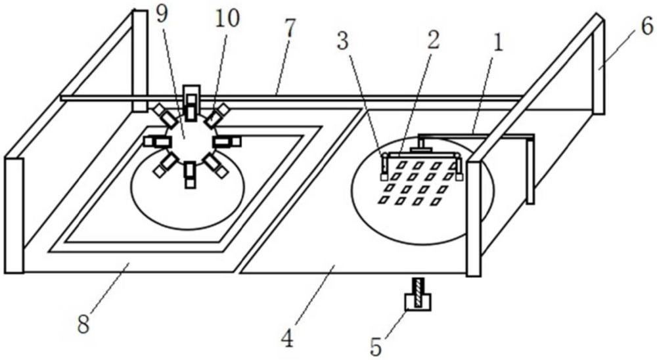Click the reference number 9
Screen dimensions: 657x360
point(162,14)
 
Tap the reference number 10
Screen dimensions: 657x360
point(227,18)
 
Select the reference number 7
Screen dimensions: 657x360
point(290,28)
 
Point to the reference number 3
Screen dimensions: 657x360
point(343,41)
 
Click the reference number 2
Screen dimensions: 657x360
point(433,40)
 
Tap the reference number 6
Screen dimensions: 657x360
point(647,26)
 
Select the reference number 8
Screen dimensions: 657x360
point(83,324)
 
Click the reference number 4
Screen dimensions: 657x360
point(288,338)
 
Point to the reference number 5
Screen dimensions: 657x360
point(376,347)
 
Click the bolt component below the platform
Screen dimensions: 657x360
point(418,294)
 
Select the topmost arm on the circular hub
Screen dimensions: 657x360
point(191,103)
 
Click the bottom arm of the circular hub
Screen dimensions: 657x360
point(191,174)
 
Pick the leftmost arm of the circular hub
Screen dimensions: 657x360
point(157,142)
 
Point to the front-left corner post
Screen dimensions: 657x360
point(14,215)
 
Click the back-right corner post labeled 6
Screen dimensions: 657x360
point(599,66)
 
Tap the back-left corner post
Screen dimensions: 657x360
point(140,61)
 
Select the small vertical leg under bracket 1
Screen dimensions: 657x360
point(530,172)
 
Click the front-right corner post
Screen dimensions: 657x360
point(474,219)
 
